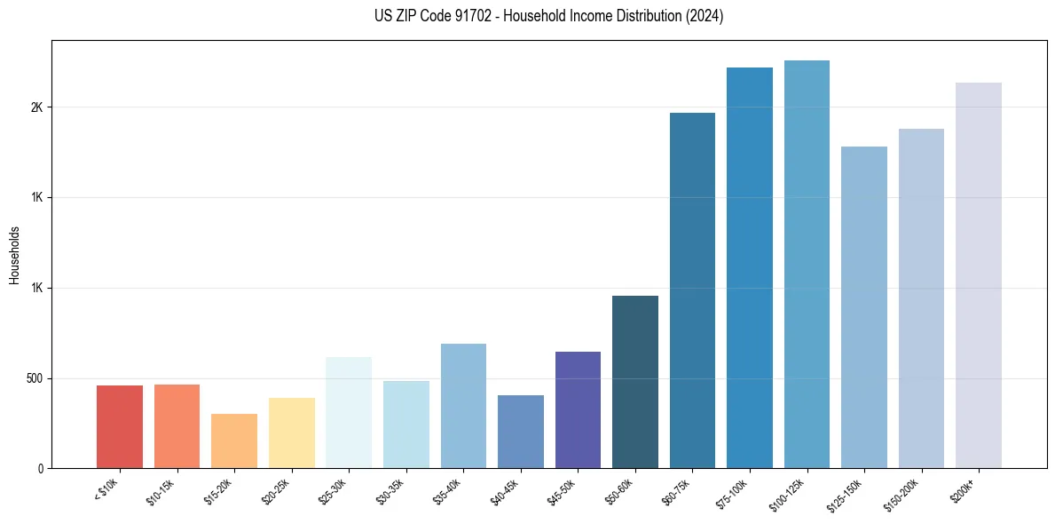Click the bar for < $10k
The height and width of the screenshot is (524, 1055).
[x=120, y=426]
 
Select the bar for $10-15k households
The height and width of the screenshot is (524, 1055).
[x=177, y=426]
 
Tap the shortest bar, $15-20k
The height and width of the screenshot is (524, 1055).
[x=234, y=441]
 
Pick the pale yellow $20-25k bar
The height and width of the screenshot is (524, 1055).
[x=292, y=433]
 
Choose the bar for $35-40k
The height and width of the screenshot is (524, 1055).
[x=463, y=406]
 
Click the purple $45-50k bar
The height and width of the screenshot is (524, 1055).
[x=578, y=409]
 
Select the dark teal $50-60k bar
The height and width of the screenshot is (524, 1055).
[x=635, y=382]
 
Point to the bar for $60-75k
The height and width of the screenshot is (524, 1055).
[x=692, y=290]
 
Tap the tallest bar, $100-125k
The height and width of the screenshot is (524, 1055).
[x=807, y=264]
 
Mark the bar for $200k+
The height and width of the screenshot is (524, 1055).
[x=979, y=275]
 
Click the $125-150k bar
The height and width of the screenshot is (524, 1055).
[x=864, y=307]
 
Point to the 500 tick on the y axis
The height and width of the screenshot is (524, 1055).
[x=35, y=378]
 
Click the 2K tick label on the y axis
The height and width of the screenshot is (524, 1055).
[x=37, y=107]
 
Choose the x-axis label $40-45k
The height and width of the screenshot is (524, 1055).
[x=504, y=491]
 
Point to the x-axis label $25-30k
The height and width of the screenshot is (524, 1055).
[x=332, y=491]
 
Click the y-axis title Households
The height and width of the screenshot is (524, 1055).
[x=14, y=255]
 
